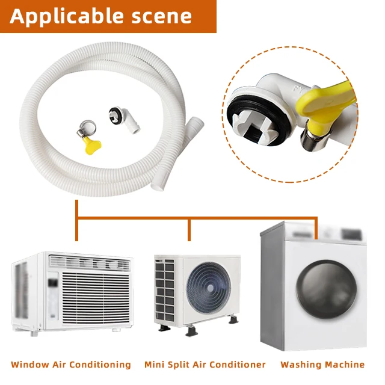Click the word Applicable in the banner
pyautogui.click(x=65, y=16)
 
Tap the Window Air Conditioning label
pyautogui.click(x=71, y=365)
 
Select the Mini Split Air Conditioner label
pyautogui.click(x=205, y=365)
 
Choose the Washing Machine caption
pyautogui.click(x=322, y=365)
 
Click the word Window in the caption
pyautogui.click(x=29, y=365)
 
